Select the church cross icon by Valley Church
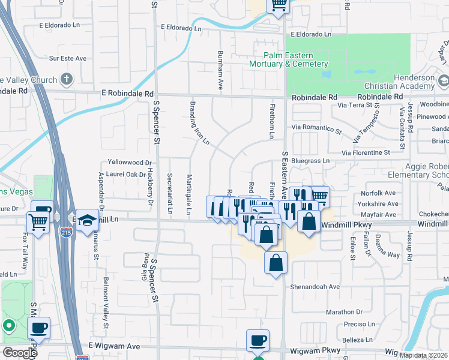66,79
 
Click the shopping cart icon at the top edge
279,5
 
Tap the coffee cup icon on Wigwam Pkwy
258,340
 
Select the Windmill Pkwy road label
347,224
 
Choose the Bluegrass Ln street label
311,161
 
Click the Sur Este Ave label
68,59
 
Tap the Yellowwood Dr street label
130,163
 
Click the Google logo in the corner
20,353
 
